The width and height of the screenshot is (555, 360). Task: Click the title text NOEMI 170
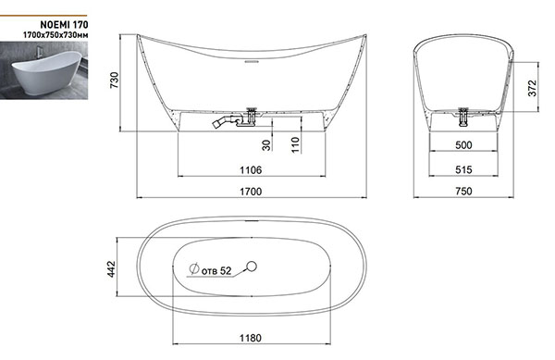[64, 24]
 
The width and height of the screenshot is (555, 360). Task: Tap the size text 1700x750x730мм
[55, 35]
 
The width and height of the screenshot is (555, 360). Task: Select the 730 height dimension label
[115, 80]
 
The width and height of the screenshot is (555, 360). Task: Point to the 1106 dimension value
[251, 170]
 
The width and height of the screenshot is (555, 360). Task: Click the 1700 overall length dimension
[251, 192]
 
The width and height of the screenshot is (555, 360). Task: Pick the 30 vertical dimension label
[266, 145]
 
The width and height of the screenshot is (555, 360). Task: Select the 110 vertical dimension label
[295, 144]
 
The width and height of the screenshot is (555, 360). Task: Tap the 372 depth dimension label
[533, 88]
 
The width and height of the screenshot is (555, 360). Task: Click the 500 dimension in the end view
[463, 145]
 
